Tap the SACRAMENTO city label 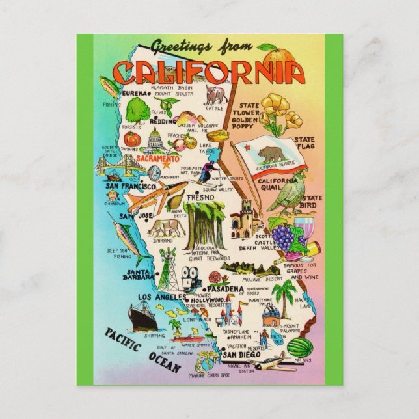click(x=158, y=159)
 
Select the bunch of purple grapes click(x=282, y=233)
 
